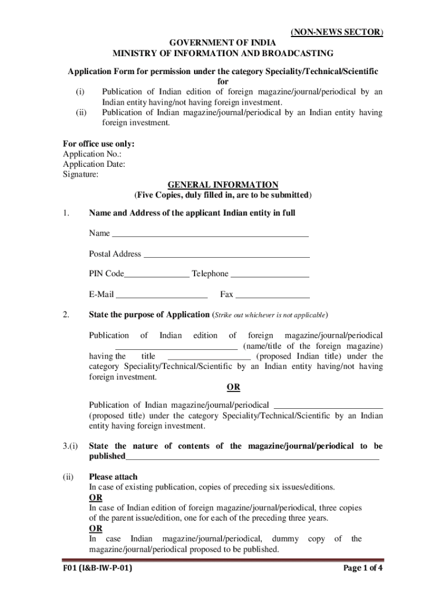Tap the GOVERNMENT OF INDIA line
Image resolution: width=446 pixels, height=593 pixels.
222,43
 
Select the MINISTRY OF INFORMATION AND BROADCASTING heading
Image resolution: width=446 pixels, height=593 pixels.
222,53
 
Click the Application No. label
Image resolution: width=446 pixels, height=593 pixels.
92,154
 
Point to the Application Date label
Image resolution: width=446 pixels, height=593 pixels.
94,164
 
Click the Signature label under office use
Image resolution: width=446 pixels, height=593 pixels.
81,174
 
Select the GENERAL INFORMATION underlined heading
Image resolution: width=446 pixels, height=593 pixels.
223,185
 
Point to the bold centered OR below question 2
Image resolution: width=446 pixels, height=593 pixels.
233,387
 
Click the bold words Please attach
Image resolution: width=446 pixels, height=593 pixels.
113,477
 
